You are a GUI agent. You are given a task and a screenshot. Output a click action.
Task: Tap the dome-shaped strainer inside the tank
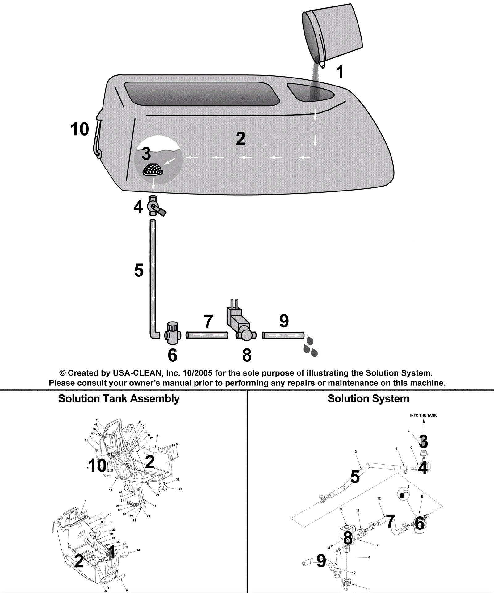(153, 170)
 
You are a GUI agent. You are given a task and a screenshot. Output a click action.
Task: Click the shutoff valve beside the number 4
(154, 207)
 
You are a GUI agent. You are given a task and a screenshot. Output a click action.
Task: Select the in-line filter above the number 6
(172, 333)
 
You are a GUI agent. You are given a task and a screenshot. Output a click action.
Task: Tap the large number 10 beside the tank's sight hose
(80, 129)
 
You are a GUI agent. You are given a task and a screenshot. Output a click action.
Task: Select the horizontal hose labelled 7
(207, 335)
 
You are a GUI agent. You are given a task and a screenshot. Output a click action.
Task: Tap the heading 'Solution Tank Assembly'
(119, 399)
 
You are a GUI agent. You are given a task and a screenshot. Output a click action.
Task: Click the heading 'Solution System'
(368, 399)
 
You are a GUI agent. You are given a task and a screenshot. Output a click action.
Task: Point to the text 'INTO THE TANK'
(423, 415)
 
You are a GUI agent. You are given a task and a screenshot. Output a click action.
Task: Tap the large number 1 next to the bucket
(340, 73)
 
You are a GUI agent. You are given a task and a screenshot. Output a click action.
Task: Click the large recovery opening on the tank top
(202, 94)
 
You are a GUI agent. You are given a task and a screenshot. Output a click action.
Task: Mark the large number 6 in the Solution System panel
(419, 523)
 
